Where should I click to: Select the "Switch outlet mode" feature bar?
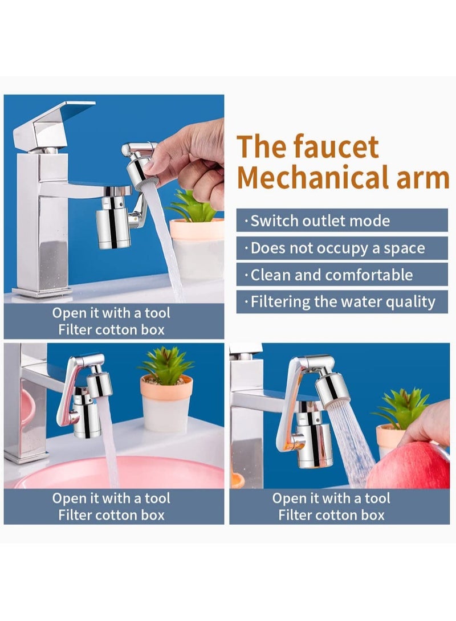(343, 220)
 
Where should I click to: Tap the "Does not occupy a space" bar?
(343, 248)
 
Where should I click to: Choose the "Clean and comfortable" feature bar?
(343, 275)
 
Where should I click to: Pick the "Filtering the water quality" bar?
(343, 301)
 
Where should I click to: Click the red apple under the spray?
(410, 467)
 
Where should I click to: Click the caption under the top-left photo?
(111, 321)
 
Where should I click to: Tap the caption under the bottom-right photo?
(331, 506)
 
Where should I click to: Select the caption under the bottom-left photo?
(111, 506)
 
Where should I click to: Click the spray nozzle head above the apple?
(332, 389)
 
